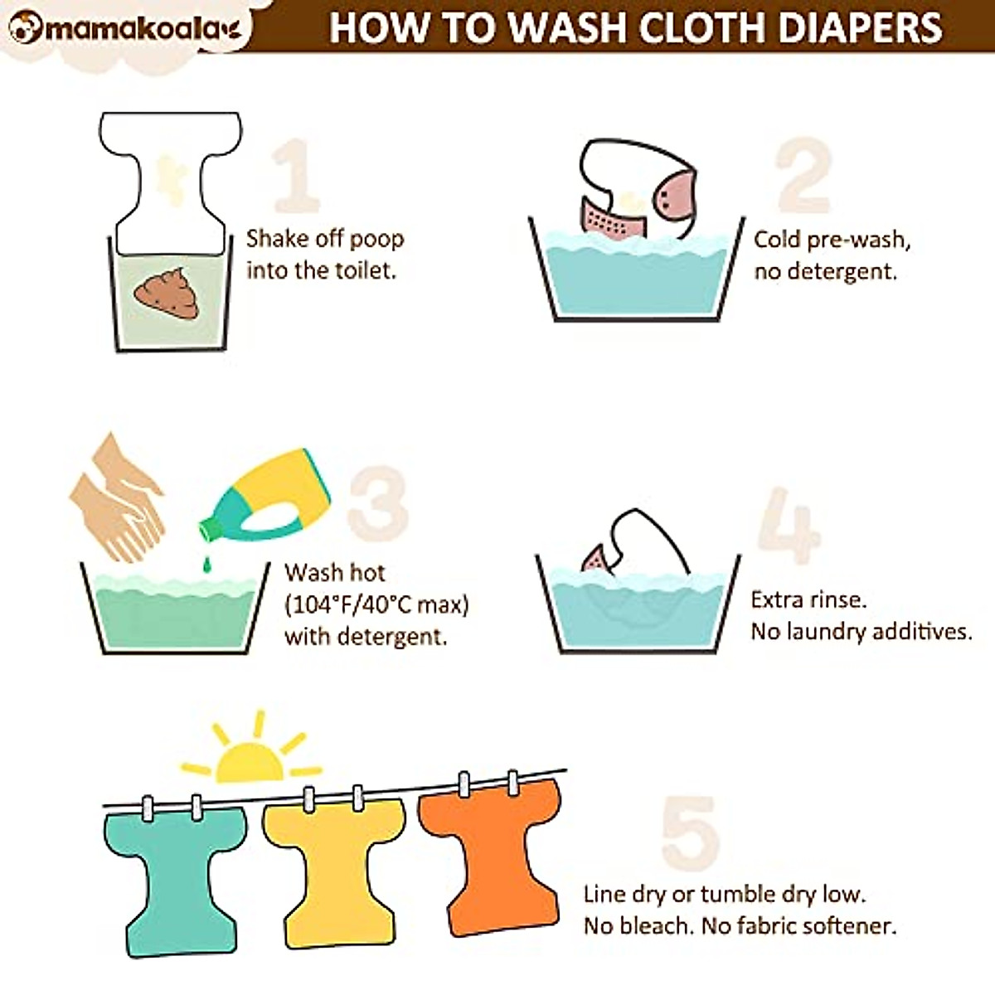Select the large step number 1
[x=296, y=176]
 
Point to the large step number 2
[x=803, y=176]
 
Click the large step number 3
[x=378, y=502]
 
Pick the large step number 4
[x=789, y=526]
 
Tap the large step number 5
[x=689, y=833]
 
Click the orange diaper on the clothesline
[x=489, y=854]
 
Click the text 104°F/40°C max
[x=376, y=604]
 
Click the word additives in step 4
[x=920, y=632]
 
